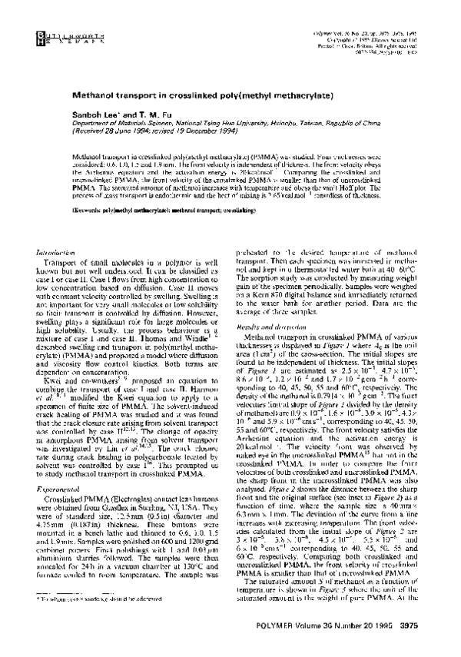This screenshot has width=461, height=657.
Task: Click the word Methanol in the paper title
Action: [x=98, y=98]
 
